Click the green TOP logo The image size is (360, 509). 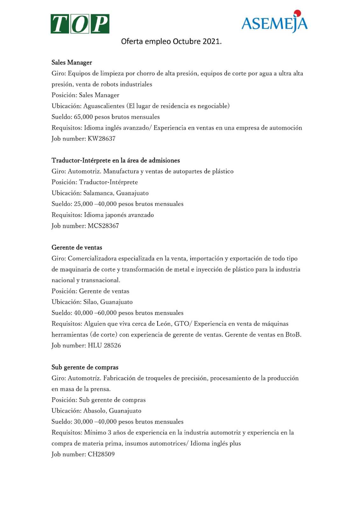[x=80, y=24]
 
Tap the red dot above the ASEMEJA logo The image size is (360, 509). [x=297, y=13]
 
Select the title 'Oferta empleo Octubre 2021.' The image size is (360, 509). [x=171, y=42]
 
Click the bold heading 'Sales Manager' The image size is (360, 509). [x=72, y=63]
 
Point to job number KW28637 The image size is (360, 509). [x=102, y=139]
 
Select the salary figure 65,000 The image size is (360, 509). [x=83, y=117]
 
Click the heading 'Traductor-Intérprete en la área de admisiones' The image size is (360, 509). [x=116, y=161]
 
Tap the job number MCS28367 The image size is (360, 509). [x=103, y=226]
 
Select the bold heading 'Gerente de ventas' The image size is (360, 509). [x=77, y=248]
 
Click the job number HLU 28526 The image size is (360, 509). [x=104, y=345]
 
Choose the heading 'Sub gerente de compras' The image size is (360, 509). [x=85, y=367]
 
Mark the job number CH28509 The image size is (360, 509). [x=101, y=454]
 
